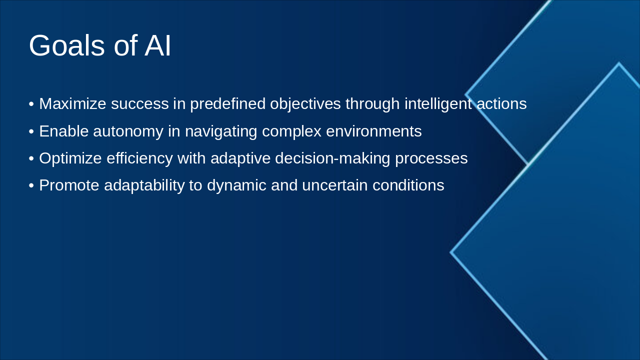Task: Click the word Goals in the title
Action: click(x=67, y=46)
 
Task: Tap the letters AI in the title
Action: click(x=157, y=46)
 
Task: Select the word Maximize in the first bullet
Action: click(x=72, y=104)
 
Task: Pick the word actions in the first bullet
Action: click(x=501, y=104)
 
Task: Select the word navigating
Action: click(x=221, y=131)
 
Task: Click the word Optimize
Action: click(x=70, y=158)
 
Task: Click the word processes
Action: click(x=431, y=158)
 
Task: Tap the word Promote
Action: click(x=69, y=185)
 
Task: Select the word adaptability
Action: click(x=144, y=185)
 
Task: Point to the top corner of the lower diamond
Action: click(x=618, y=64)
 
